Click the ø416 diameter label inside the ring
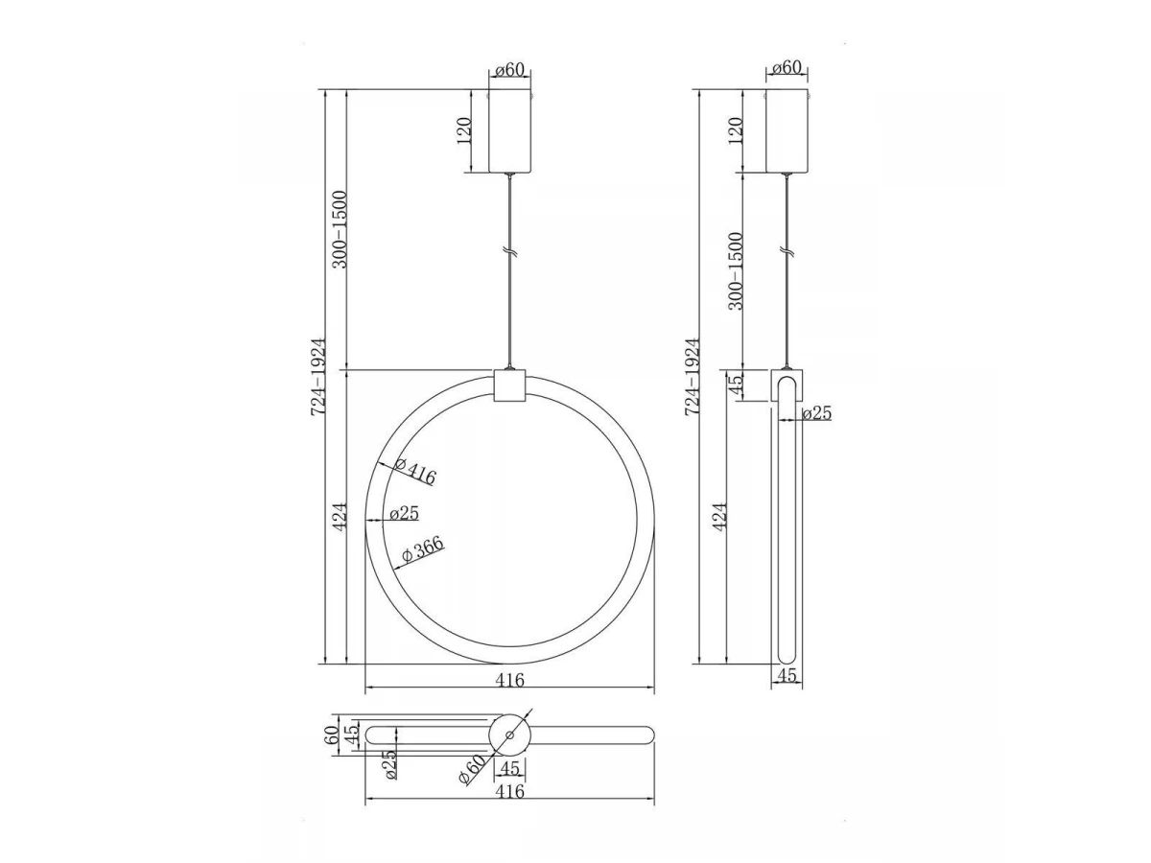[x=415, y=471]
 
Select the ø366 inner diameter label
[x=423, y=549]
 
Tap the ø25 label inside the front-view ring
[x=405, y=513]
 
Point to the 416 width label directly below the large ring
[x=509, y=680]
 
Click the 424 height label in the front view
[x=341, y=517]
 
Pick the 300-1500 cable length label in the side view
[x=737, y=271]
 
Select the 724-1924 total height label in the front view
[x=318, y=377]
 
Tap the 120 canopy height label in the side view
[x=737, y=130]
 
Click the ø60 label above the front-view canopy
[x=509, y=70]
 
